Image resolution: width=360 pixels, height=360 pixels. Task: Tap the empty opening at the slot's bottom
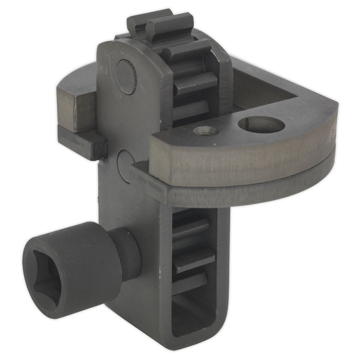click(x=192, y=318)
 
